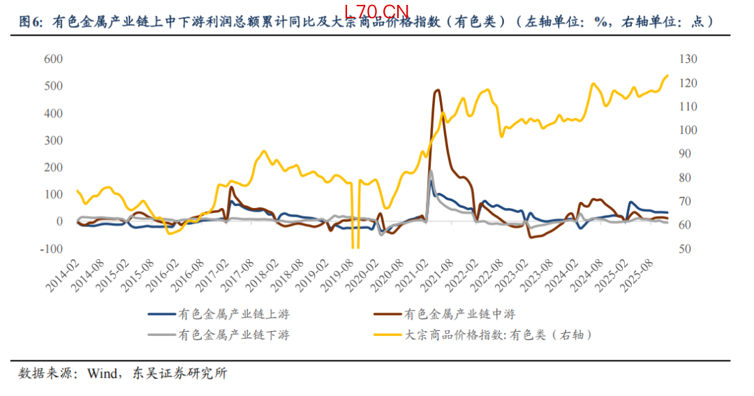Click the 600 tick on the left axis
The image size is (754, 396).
coord(53,59)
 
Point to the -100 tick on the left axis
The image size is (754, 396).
coord(52,249)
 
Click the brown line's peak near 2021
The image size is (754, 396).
coord(438,90)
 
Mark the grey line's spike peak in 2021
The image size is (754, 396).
coord(430,171)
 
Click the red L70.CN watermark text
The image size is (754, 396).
coord(376,10)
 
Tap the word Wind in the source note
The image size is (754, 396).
coord(102,373)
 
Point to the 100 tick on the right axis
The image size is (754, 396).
coord(689,130)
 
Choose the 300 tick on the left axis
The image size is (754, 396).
coord(53,140)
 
